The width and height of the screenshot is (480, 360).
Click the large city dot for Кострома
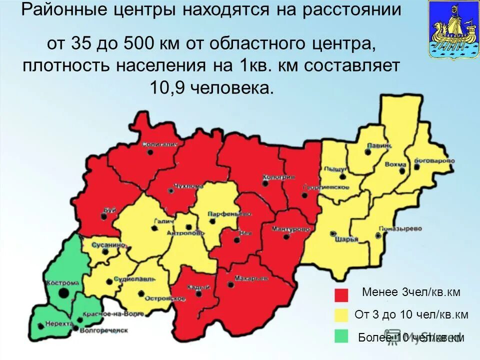coord(63,293)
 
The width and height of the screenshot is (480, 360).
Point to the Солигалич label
coord(160,144)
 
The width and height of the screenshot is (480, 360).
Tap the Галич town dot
coord(154,228)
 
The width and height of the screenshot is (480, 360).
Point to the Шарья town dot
coord(333,233)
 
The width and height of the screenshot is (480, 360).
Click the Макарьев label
coord(244,278)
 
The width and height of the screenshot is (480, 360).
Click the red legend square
coord(341,294)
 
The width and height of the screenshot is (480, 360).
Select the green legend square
coord(341,336)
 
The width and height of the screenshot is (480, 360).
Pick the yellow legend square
coord(341,315)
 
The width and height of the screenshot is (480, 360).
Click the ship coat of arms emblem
coord(449,30)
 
